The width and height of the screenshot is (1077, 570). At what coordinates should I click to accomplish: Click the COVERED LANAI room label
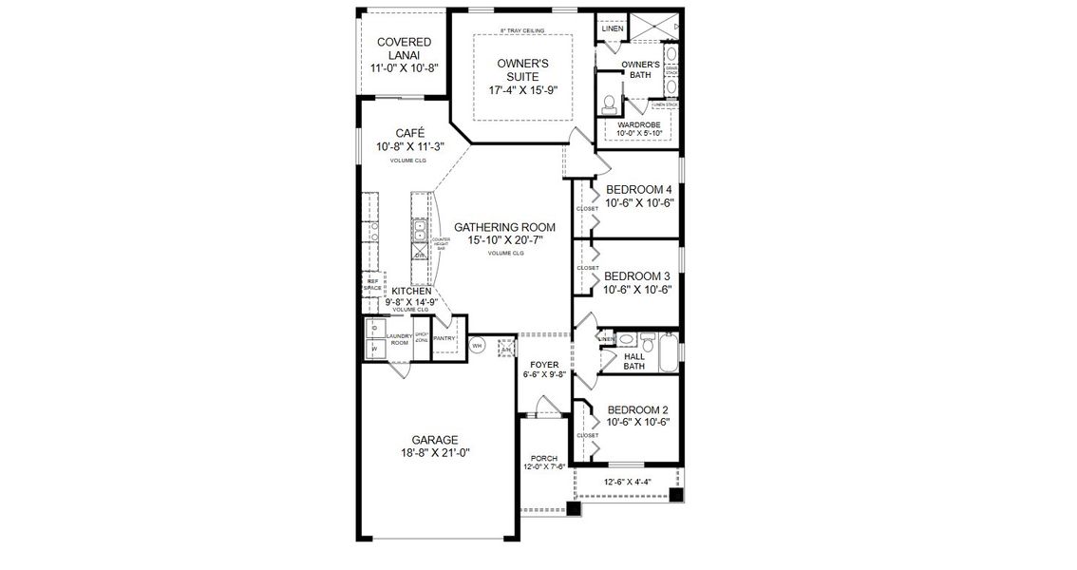click(405, 48)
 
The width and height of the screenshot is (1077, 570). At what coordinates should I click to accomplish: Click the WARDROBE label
click(638, 124)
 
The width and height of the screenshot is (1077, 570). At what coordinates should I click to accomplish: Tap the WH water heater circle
click(479, 346)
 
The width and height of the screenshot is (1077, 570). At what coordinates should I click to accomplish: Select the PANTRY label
click(444, 338)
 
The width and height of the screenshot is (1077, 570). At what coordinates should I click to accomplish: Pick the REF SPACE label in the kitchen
click(372, 283)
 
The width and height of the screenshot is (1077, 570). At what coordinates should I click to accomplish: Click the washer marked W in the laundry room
click(375, 350)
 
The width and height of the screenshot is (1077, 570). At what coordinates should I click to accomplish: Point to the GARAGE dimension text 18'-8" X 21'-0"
click(435, 453)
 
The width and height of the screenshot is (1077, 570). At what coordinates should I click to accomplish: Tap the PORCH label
click(544, 459)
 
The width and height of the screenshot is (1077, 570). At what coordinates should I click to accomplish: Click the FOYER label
click(544, 365)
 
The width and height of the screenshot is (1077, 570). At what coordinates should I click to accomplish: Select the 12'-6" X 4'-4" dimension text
click(628, 482)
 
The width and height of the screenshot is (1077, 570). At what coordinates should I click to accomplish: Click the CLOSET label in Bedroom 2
click(587, 435)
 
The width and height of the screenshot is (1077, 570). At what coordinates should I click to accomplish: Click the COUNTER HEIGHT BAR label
click(441, 242)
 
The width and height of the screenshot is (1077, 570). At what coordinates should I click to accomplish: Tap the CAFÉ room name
click(410, 133)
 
